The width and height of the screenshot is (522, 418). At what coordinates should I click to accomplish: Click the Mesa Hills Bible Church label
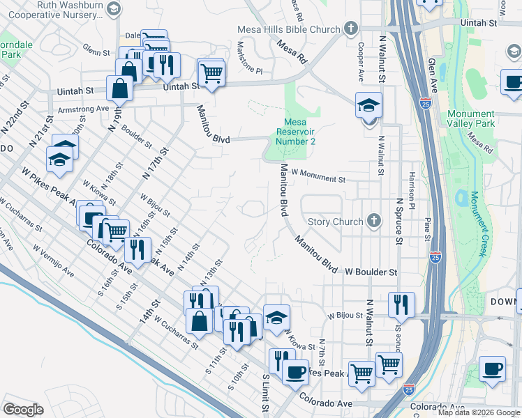(288, 29)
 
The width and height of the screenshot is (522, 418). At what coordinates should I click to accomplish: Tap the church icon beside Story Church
(374, 222)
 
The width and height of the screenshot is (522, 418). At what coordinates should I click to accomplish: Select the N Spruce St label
(399, 221)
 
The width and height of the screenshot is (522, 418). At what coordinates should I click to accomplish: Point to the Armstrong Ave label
(83, 109)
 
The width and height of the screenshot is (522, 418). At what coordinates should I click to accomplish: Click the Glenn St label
(96, 52)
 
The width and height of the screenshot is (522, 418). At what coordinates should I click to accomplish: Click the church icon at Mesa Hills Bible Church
(350, 29)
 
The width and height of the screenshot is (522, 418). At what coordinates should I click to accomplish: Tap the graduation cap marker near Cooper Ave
(368, 106)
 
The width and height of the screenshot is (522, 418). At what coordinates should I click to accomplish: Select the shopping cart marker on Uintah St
(211, 72)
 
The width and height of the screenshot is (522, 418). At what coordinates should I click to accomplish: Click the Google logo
(23, 409)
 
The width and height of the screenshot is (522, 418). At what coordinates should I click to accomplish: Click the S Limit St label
(266, 394)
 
